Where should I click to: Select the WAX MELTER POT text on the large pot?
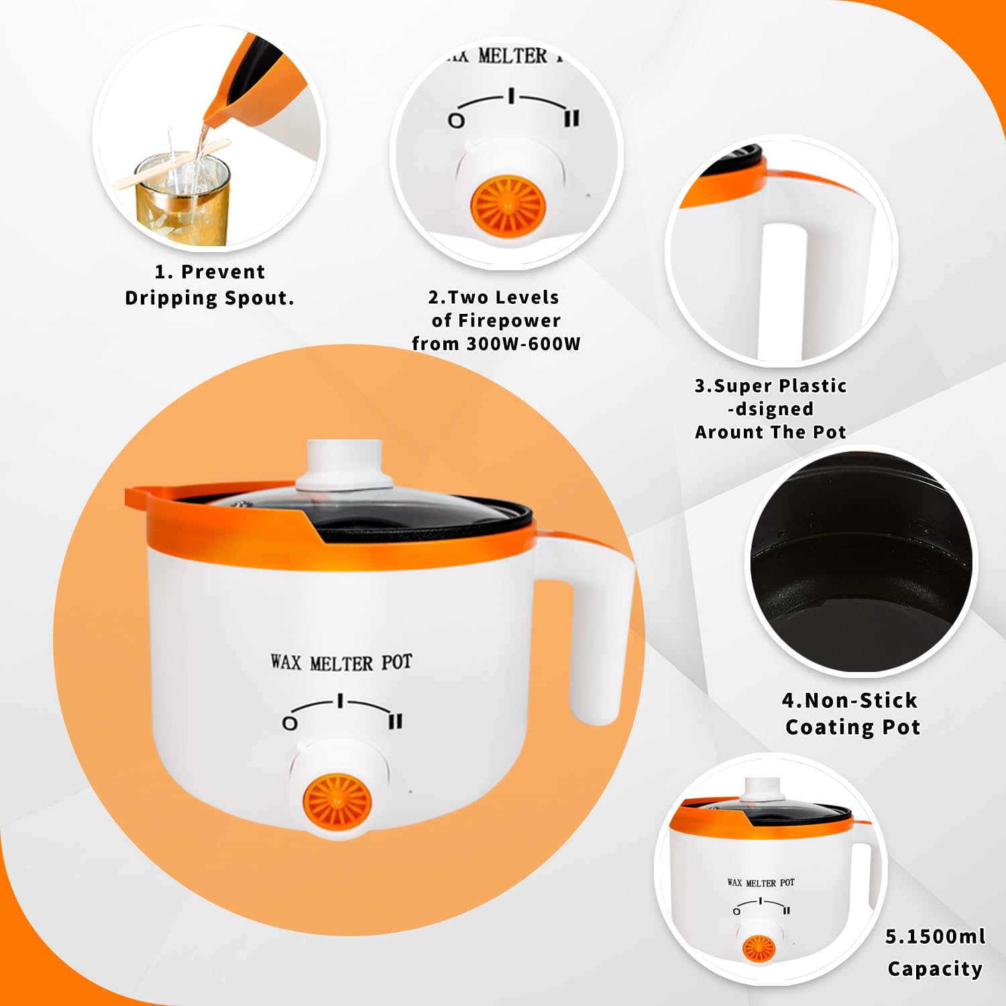[341, 663]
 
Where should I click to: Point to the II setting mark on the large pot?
[396, 721]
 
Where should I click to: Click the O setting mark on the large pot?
[290, 723]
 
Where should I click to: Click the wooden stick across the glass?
[171, 164]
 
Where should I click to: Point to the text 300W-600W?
[523, 343]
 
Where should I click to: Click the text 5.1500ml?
[936, 936]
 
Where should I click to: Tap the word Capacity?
[935, 969]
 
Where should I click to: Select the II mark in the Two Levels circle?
[571, 119]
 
